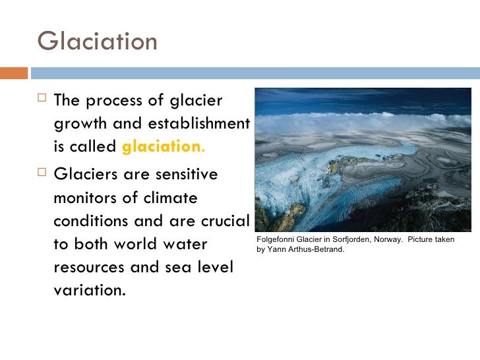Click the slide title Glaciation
(98, 41)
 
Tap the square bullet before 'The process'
(43, 100)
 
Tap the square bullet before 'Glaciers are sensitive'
(43, 175)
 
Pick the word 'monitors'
(84, 198)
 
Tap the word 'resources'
(87, 268)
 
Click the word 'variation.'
(89, 291)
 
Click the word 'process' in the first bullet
(117, 101)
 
